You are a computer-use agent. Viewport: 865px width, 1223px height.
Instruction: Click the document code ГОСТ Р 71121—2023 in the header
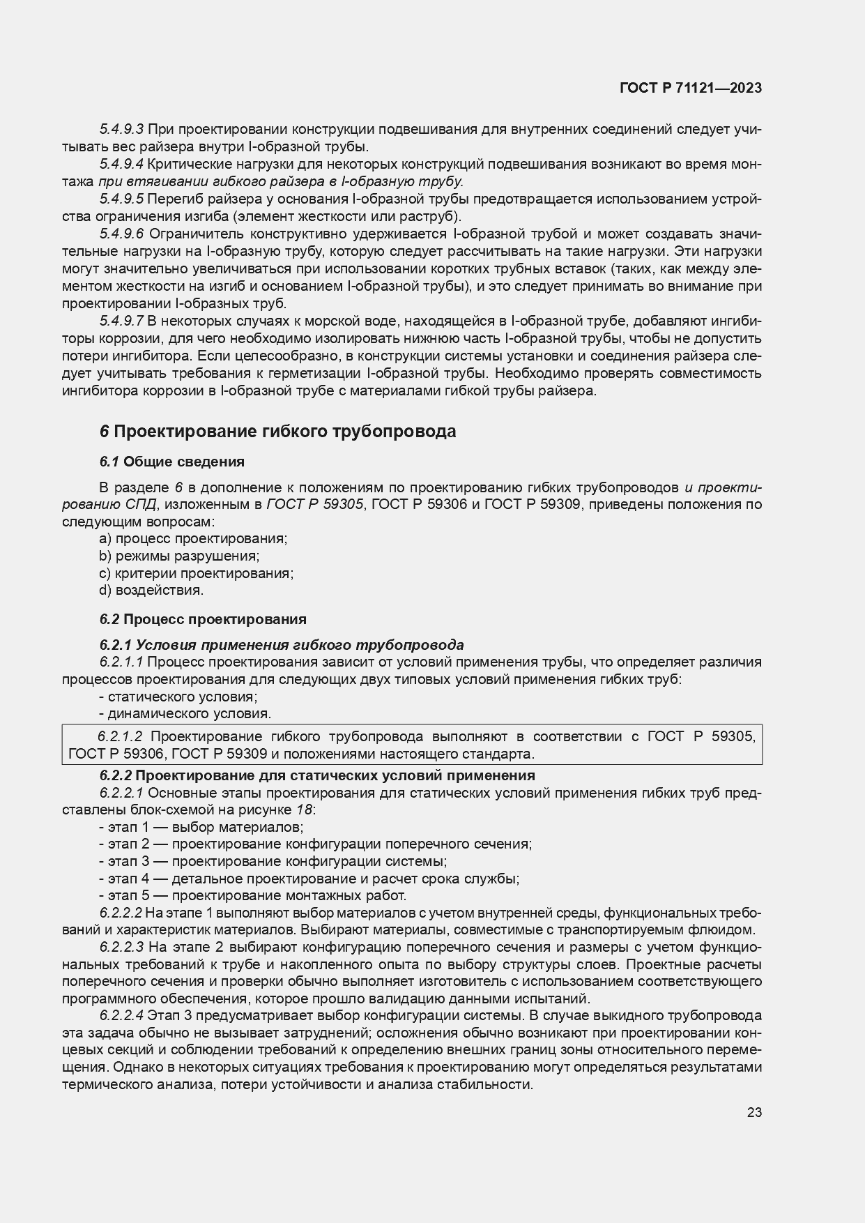pyautogui.click(x=690, y=88)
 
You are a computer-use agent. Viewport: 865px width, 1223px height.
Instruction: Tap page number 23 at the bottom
pyautogui.click(x=754, y=1113)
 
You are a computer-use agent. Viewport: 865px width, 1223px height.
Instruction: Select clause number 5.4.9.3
pyautogui.click(x=121, y=129)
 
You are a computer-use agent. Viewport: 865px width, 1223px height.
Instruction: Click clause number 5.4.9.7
pyautogui.click(x=121, y=321)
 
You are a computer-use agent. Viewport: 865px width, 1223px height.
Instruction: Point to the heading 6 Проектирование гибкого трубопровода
pyautogui.click(x=277, y=432)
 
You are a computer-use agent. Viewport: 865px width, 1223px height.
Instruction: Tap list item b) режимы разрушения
pyautogui.click(x=179, y=556)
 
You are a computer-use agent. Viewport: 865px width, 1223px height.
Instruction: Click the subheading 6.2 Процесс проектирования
pyautogui.click(x=202, y=619)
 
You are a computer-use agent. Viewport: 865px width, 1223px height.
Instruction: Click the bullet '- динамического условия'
pyautogui.click(x=185, y=713)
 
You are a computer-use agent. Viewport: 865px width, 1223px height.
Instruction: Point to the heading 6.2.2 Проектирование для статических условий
pyautogui.click(x=316, y=775)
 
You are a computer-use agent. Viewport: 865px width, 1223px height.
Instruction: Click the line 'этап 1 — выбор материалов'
pyautogui.click(x=201, y=827)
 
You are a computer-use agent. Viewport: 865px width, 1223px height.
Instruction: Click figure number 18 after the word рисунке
pyautogui.click(x=303, y=810)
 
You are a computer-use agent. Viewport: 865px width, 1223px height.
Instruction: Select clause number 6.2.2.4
pyautogui.click(x=121, y=1015)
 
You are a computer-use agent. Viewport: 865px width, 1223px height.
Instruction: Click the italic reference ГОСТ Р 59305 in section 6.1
pyautogui.click(x=315, y=504)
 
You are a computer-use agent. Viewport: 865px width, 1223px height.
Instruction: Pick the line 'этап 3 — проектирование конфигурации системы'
pyautogui.click(x=273, y=861)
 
